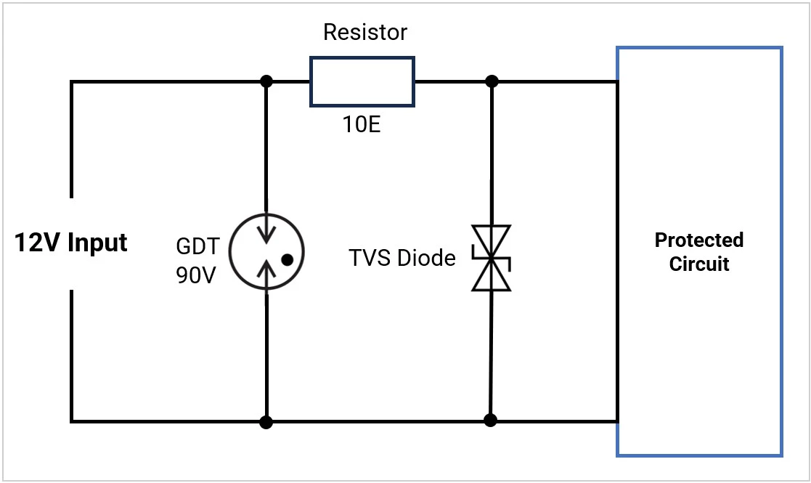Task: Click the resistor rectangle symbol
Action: pos(362,81)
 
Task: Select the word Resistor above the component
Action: pos(365,33)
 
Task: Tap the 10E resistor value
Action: pos(362,125)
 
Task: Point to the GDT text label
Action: pos(196,246)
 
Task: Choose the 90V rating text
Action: pos(196,276)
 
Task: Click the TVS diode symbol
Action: pos(491,258)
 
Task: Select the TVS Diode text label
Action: pos(402,258)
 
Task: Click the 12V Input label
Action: pos(71,243)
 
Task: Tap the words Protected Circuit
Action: pos(698,251)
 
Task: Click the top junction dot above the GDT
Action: pos(266,81)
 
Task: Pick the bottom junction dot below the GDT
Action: pos(266,421)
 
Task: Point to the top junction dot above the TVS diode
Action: pos(492,81)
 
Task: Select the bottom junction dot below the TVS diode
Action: pos(490,420)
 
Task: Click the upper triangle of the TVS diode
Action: pos(491,239)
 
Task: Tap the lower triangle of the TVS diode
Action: pos(491,277)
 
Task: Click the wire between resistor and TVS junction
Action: pos(452,81)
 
